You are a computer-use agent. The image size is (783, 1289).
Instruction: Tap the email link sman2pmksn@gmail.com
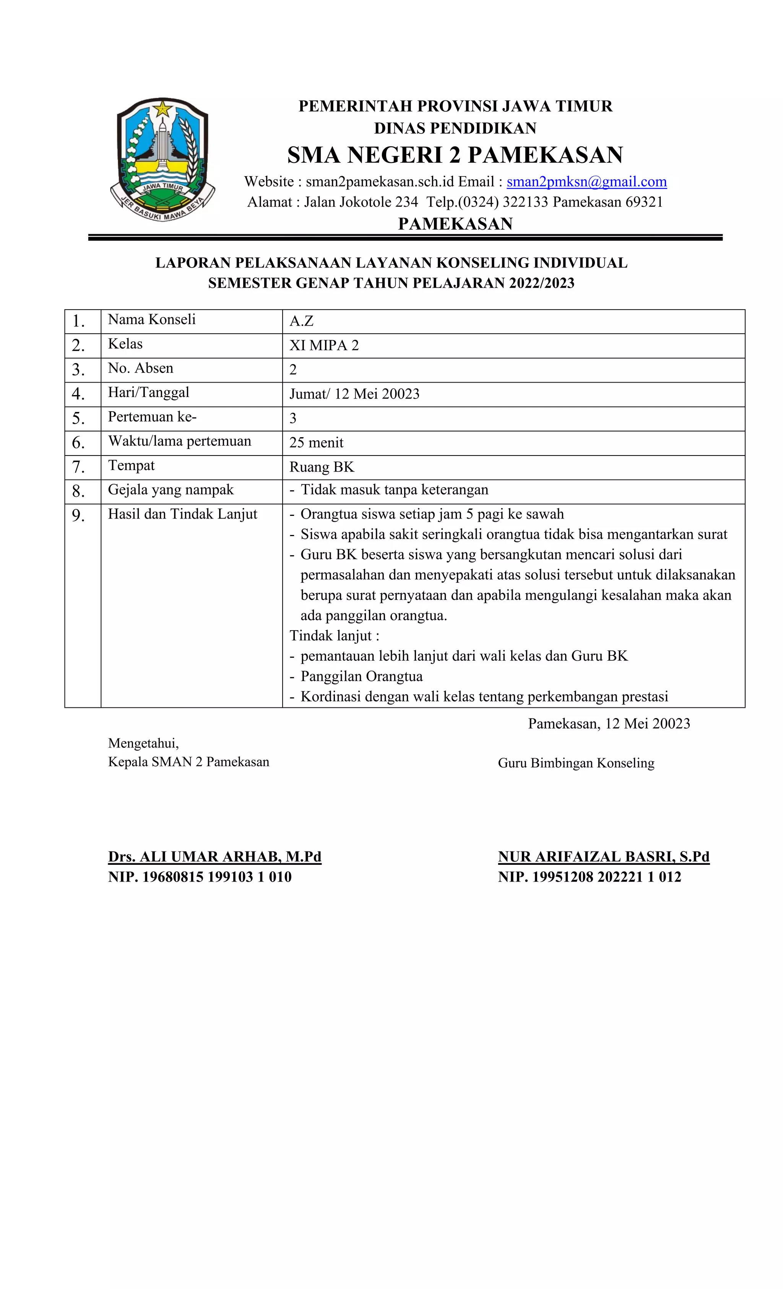point(586,182)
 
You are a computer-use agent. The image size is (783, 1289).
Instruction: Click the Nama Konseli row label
point(152,319)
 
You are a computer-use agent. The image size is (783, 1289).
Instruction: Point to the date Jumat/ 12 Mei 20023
point(354,394)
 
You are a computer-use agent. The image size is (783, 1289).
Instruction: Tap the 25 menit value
point(316,443)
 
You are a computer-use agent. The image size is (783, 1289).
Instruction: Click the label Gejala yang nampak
point(171,490)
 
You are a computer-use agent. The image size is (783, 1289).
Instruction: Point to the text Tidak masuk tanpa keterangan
point(394,490)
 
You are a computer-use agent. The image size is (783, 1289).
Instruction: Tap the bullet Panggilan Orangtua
point(361,676)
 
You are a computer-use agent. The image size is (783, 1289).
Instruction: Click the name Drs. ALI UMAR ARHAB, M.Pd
point(214,856)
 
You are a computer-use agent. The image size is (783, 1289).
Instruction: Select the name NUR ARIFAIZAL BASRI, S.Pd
point(603,856)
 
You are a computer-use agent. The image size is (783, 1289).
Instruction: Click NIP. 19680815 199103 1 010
point(200,877)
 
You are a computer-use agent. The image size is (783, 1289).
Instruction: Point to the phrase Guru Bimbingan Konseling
point(576,763)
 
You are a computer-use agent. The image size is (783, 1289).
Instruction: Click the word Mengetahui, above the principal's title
point(143,743)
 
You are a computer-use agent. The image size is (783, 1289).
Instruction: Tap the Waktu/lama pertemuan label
point(180,441)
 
